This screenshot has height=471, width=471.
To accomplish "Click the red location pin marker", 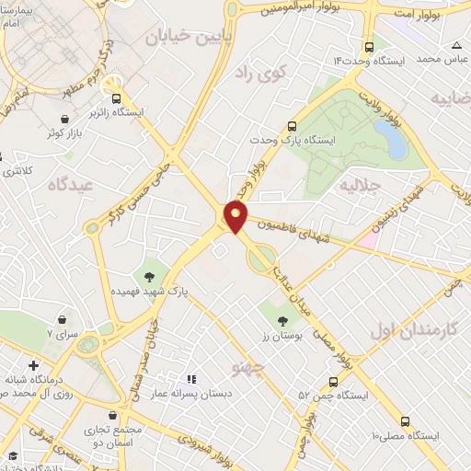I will coord(236,216).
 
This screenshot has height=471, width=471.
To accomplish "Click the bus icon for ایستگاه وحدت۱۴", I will coord(369,47).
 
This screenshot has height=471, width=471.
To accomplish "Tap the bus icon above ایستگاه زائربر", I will coord(116,98).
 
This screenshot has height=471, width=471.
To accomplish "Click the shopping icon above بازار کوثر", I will coord(63,118).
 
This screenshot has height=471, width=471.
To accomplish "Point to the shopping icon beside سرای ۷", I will coord(62,319).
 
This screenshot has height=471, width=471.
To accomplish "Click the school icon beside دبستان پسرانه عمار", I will coord(191,378).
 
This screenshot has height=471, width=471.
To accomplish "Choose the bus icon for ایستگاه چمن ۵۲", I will coord(332,381).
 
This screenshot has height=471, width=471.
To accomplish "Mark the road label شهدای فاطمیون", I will coord(296,231).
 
